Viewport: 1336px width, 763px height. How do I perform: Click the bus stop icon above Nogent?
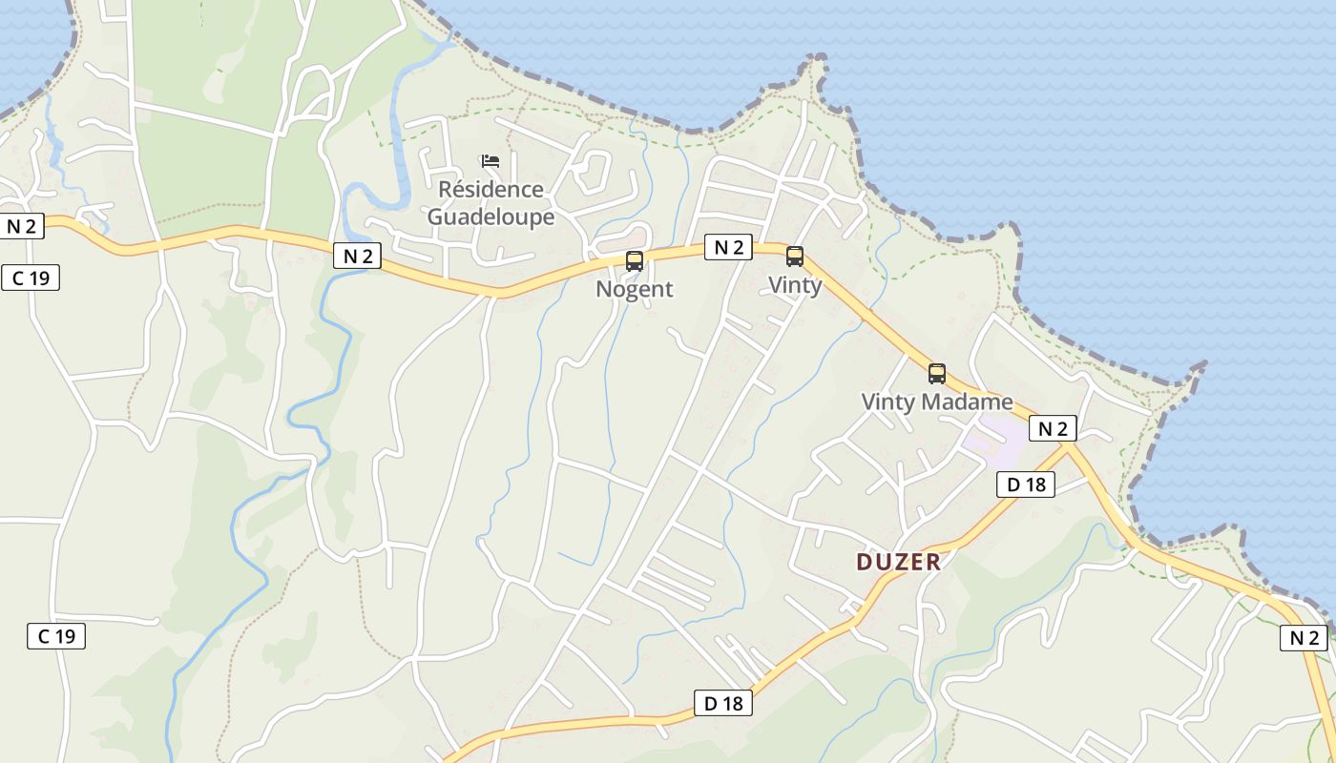pyautogui.click(x=634, y=260)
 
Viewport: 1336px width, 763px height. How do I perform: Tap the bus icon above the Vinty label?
pyautogui.click(x=794, y=256)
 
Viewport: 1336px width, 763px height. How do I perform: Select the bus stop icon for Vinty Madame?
pyautogui.click(x=937, y=374)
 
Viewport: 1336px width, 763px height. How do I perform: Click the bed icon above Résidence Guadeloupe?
pyautogui.click(x=491, y=160)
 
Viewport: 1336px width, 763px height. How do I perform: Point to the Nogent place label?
pyautogui.click(x=635, y=289)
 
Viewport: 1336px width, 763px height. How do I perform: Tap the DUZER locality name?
pyautogui.click(x=898, y=562)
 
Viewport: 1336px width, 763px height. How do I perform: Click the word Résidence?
pyautogui.click(x=491, y=189)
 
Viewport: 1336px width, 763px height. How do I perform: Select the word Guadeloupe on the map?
pyautogui.click(x=491, y=217)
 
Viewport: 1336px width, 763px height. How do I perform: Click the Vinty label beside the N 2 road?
pyautogui.click(x=795, y=285)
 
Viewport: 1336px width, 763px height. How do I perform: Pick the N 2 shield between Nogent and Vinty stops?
pyautogui.click(x=728, y=247)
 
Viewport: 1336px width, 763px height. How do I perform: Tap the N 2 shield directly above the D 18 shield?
pyautogui.click(x=1053, y=428)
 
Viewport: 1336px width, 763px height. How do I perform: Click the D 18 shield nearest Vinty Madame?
pyautogui.click(x=1026, y=485)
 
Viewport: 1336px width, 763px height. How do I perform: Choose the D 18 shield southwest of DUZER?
pyautogui.click(x=722, y=704)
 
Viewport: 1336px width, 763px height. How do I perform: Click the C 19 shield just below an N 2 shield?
pyautogui.click(x=31, y=278)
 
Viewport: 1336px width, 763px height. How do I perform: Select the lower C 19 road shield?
pyautogui.click(x=55, y=636)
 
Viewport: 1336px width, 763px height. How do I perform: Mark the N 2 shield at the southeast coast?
pyautogui.click(x=1304, y=638)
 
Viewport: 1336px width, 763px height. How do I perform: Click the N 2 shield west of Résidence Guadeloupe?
pyautogui.click(x=358, y=256)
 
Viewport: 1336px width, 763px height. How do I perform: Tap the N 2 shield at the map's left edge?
pyautogui.click(x=21, y=226)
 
